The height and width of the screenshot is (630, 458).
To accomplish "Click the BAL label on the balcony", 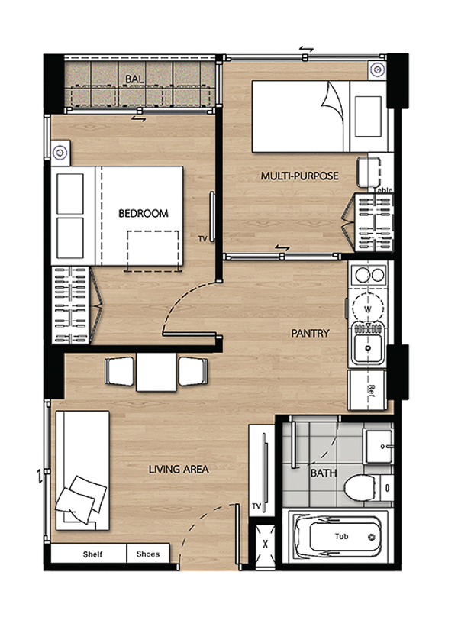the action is [134, 79].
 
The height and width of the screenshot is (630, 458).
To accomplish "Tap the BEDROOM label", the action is [144, 213].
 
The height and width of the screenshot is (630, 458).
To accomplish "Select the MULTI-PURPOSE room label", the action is [299, 176].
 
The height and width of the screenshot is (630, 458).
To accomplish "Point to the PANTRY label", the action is [310, 333].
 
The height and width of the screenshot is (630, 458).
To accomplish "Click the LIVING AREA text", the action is [179, 469].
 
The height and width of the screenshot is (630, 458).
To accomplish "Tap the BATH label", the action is [324, 473].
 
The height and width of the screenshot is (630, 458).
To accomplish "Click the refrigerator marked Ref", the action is [368, 389].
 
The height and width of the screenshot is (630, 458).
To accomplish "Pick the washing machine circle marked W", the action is [367, 309].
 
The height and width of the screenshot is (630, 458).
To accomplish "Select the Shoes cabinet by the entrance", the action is [148, 554].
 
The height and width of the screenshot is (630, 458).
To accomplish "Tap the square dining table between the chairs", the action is [156, 372].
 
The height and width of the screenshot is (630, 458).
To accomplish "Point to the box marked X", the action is [264, 544].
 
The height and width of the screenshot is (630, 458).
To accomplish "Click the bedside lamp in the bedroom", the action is [60, 153].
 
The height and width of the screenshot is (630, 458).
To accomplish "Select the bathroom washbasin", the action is [378, 446].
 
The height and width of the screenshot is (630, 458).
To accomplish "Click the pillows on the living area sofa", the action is [82, 499].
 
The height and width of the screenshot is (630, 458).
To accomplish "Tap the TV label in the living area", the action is [256, 506].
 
